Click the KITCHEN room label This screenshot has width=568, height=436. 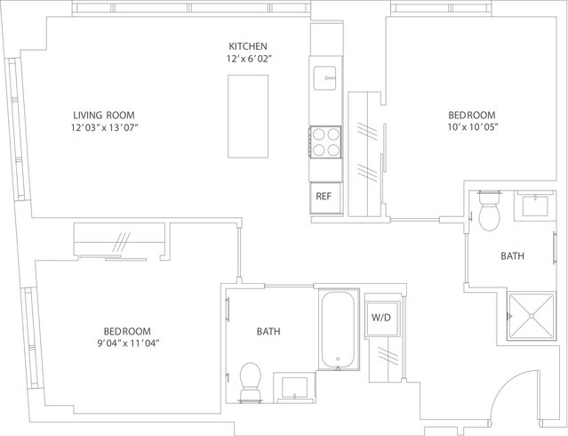248,46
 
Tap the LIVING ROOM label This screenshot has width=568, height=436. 104,116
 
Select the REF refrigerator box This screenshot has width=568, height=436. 325,198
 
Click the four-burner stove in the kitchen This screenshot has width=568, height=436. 325,141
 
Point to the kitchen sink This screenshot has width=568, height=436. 324,78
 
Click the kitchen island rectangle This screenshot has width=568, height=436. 248,117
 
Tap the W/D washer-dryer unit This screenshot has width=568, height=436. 382,318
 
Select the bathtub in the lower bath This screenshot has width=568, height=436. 338,330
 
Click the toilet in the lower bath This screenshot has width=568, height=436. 251,382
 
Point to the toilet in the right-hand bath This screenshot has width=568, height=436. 489,211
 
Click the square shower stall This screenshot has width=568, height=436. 532,316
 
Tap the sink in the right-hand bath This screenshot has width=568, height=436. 536,206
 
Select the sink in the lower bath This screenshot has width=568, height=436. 294,388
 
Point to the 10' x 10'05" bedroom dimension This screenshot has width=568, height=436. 472,127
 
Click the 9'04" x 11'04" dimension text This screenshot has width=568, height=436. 128,343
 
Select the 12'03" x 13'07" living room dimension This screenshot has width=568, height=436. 105,127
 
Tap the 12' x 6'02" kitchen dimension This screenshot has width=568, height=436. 249,59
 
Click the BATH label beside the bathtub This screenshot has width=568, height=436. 268,332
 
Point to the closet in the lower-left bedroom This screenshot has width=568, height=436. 119,238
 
